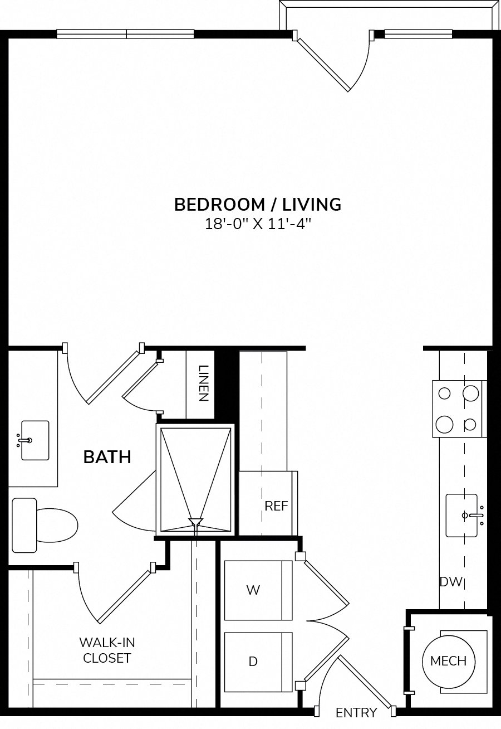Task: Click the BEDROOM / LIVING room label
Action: [258, 205]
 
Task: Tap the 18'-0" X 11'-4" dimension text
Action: [258, 224]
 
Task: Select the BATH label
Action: [107, 457]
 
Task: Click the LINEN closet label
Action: [203, 383]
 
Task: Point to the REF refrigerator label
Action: [276, 506]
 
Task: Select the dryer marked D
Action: [258, 662]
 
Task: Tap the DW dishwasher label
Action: [451, 582]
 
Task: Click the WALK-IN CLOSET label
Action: [107, 650]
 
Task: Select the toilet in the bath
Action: [45, 526]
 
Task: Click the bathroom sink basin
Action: [35, 440]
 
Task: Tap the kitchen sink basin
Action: [461, 516]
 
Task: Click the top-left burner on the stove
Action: [444, 393]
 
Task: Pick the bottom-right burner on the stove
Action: [470, 424]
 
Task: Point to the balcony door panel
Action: [324, 65]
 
